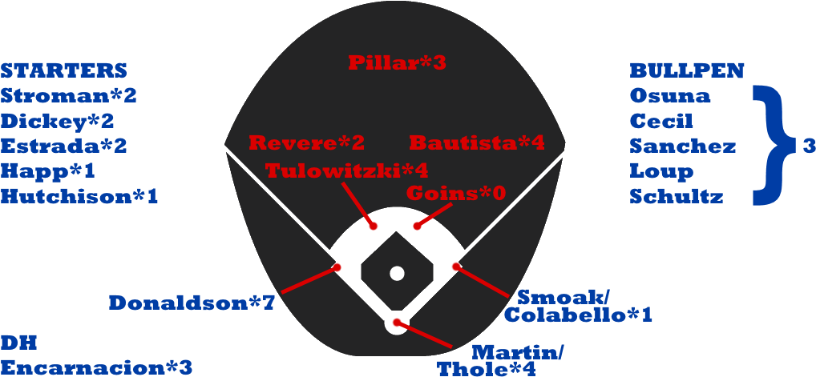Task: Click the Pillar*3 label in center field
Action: point(396,62)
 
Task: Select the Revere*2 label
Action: point(306,143)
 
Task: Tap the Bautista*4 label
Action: point(477,143)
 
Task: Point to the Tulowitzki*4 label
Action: point(346,170)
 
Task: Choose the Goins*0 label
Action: point(456,194)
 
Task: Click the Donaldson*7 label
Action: point(192,303)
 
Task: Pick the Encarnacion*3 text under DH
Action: point(96,367)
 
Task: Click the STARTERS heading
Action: point(64,70)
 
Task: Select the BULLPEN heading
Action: point(687,70)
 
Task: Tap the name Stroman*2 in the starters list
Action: point(69,96)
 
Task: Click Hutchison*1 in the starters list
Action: point(79,196)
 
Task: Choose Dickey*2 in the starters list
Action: point(58,121)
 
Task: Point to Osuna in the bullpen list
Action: point(670,96)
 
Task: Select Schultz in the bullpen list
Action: point(677,196)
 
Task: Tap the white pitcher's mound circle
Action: point(397,273)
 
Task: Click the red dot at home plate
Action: point(397,323)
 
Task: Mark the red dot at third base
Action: point(337,267)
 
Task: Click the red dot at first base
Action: point(455,267)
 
